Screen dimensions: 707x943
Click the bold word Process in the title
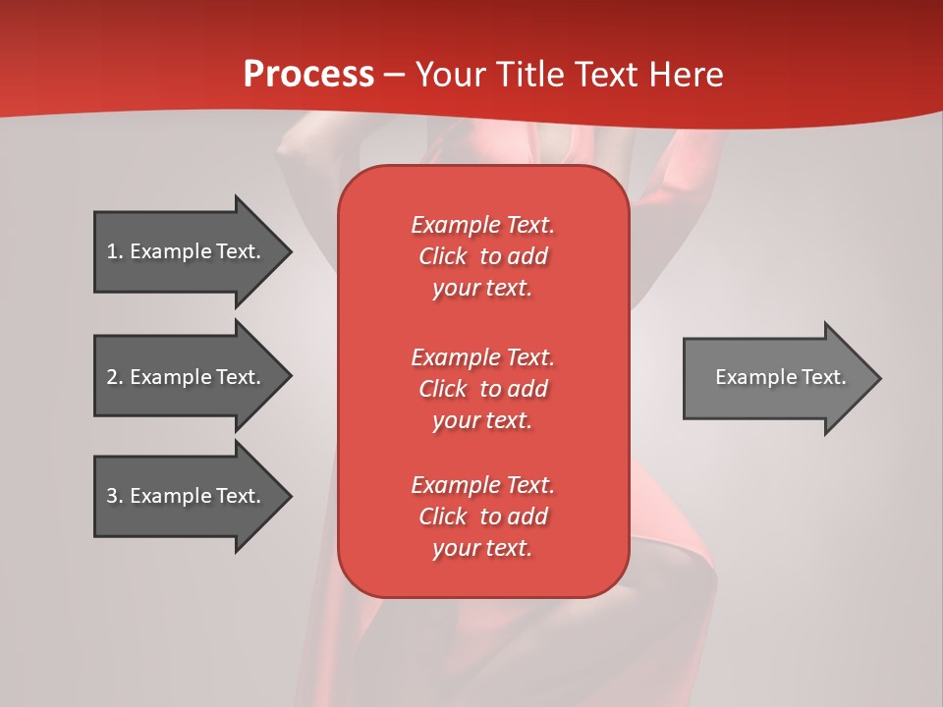pos(308,75)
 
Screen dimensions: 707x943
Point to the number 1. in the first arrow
pos(115,251)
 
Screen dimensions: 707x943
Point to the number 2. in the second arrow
pos(115,377)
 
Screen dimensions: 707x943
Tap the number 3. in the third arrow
pos(115,496)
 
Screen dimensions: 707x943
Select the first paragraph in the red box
pos(482,256)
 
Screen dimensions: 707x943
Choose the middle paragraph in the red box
pos(482,389)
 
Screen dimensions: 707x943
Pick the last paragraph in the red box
pos(482,517)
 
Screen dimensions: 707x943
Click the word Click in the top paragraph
pos(442,256)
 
